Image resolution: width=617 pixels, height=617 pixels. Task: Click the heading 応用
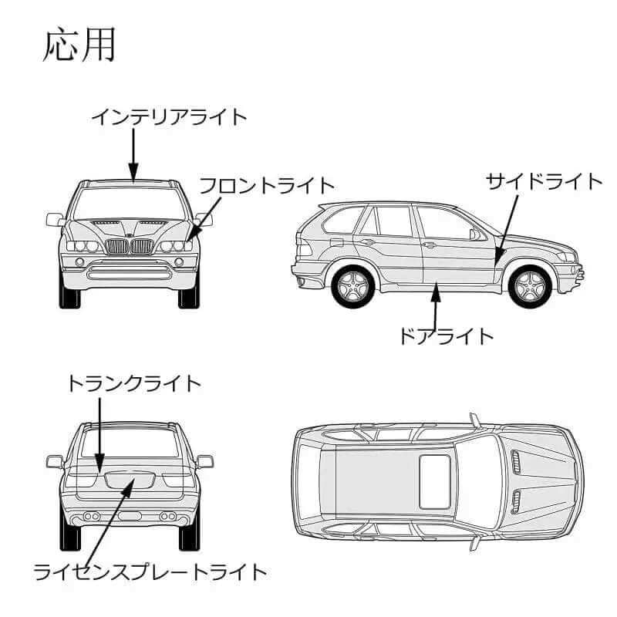(79, 46)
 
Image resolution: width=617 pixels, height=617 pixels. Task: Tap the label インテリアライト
(170, 117)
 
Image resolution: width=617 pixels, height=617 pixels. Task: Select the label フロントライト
(267, 186)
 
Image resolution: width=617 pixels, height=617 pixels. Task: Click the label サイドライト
(544, 182)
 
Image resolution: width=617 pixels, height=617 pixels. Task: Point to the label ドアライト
(446, 336)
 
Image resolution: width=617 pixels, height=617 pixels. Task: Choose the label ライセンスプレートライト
(151, 572)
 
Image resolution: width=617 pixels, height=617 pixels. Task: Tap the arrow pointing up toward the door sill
(436, 305)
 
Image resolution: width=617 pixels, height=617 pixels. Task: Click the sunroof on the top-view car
(435, 481)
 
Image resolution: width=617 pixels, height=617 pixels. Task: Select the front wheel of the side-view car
(530, 286)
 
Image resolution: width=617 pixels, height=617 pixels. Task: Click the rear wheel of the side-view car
(353, 286)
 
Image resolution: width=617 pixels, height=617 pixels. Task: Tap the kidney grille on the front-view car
(129, 247)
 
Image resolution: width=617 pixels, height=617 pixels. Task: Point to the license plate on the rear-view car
(130, 480)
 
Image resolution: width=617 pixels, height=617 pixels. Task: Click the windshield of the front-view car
(130, 204)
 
